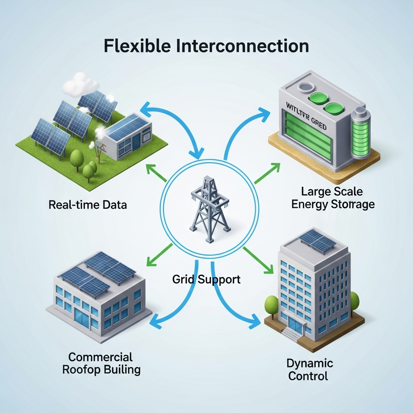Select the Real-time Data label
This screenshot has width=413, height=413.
88,204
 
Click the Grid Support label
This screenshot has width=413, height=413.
206,279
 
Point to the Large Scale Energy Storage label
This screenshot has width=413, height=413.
333,198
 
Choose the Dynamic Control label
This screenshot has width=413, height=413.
310,369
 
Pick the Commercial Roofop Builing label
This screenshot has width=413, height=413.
101,363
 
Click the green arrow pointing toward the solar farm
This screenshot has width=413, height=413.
154,172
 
